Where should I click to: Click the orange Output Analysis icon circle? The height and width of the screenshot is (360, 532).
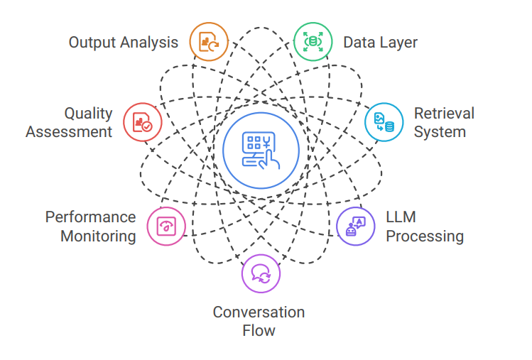tap(209, 42)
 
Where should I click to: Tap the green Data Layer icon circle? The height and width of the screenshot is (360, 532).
tap(313, 42)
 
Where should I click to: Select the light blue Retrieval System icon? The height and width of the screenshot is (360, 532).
tap(384, 122)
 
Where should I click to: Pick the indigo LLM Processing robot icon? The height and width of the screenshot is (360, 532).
tap(355, 227)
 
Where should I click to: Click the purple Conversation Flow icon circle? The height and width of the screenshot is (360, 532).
tap(261, 274)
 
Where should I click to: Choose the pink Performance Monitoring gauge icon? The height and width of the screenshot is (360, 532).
tap(166, 227)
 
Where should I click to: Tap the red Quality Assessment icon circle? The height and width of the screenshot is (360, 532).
tap(142, 122)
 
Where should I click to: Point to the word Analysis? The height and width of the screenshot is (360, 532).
tap(149, 43)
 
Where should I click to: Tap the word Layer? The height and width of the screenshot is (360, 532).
tap(398, 43)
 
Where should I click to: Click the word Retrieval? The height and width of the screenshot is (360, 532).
tap(444, 114)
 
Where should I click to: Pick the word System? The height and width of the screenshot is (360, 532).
tap(440, 132)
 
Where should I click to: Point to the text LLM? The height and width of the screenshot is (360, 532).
tap(401, 217)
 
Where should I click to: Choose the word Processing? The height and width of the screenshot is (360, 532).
tap(425, 236)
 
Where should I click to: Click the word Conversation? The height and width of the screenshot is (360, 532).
tap(259, 312)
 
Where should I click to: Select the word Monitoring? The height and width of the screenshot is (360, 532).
tap(98, 236)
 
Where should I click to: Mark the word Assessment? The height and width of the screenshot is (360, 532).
tap(69, 132)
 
